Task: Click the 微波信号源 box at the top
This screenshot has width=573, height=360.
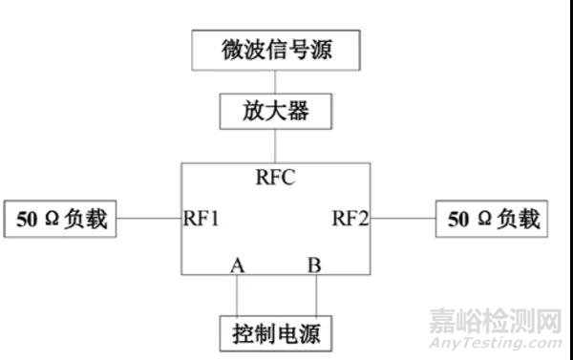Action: point(275,49)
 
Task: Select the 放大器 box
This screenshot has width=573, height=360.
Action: point(275,112)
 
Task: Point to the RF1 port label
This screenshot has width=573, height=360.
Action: point(202,219)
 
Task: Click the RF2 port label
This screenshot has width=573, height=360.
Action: point(350,219)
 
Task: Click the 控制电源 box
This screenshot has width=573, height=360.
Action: point(275,334)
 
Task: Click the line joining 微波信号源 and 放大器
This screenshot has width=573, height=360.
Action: point(275,80)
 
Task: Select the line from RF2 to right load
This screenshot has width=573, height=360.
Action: point(402,219)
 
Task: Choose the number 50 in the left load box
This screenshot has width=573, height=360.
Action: point(27,220)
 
